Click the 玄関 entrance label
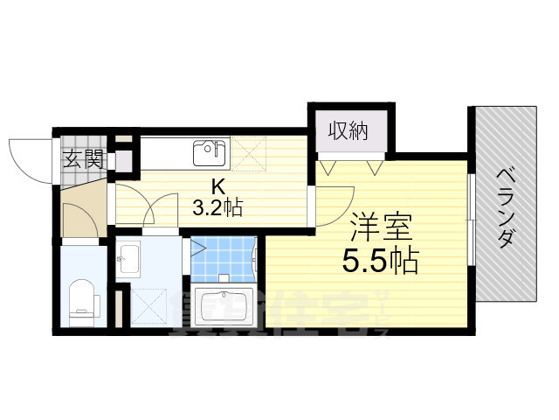[84, 159]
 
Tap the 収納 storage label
[348, 131]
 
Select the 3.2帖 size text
[218, 208]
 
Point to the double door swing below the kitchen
[148, 212]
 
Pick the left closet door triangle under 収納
[329, 165]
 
